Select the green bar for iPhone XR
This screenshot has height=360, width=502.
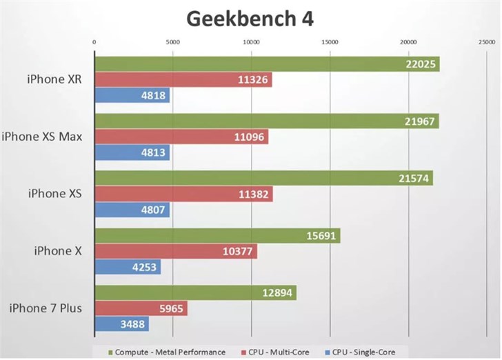[266, 64]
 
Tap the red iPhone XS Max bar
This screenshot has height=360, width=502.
[181, 137]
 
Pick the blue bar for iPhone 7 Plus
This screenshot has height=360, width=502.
[121, 323]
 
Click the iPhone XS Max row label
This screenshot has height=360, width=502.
[42, 137]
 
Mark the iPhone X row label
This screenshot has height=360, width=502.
[58, 250]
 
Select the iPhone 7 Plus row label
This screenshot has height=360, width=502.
[46, 308]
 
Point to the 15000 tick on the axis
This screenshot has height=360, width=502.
[330, 43]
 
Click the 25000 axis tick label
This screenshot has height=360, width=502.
[487, 43]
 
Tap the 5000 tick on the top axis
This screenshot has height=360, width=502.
[173, 43]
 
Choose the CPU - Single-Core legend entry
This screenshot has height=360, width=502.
[361, 352]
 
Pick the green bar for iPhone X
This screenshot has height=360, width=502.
[217, 236]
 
